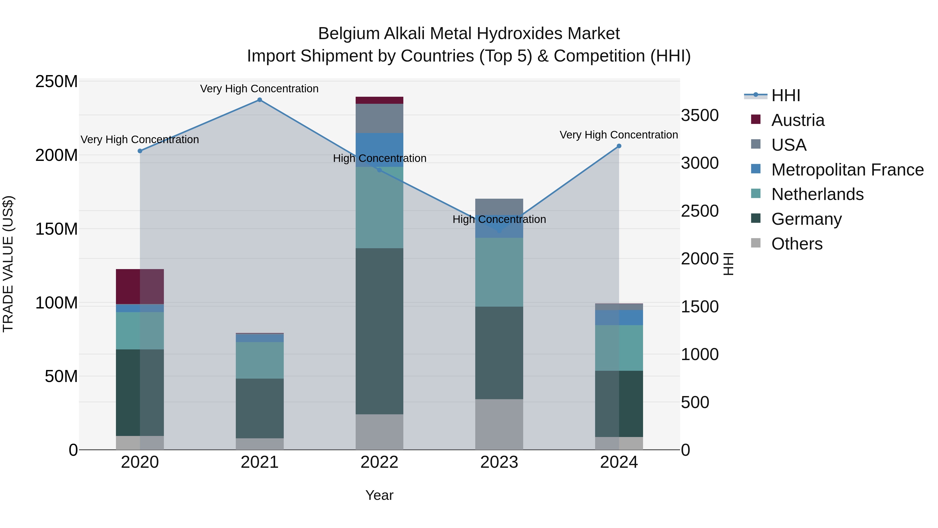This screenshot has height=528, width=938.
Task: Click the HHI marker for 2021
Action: tap(260, 100)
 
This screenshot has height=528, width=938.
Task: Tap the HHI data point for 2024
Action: tap(619, 146)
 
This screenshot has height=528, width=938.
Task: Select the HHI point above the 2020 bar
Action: tap(140, 151)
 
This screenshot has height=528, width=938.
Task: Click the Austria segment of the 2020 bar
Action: tap(140, 286)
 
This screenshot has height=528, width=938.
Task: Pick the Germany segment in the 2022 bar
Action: tap(379, 331)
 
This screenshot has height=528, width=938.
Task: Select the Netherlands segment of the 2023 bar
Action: tap(499, 272)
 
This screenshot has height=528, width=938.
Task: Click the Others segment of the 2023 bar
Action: tap(499, 424)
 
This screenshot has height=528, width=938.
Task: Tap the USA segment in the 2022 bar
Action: tap(379, 118)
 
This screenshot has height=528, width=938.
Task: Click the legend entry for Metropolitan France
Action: tap(847, 170)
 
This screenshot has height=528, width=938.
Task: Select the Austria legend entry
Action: tap(798, 120)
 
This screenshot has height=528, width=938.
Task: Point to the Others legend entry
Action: tap(797, 244)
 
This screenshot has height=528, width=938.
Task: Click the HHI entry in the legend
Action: tap(785, 95)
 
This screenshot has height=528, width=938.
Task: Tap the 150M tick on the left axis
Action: tap(57, 229)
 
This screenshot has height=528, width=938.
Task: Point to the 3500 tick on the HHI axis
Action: tap(700, 116)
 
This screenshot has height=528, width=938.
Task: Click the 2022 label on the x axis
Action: tap(379, 462)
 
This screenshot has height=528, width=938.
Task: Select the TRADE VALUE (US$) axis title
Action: tap(8, 264)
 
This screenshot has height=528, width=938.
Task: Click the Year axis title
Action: tap(379, 495)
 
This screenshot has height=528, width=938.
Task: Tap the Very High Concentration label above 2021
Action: tap(259, 89)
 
